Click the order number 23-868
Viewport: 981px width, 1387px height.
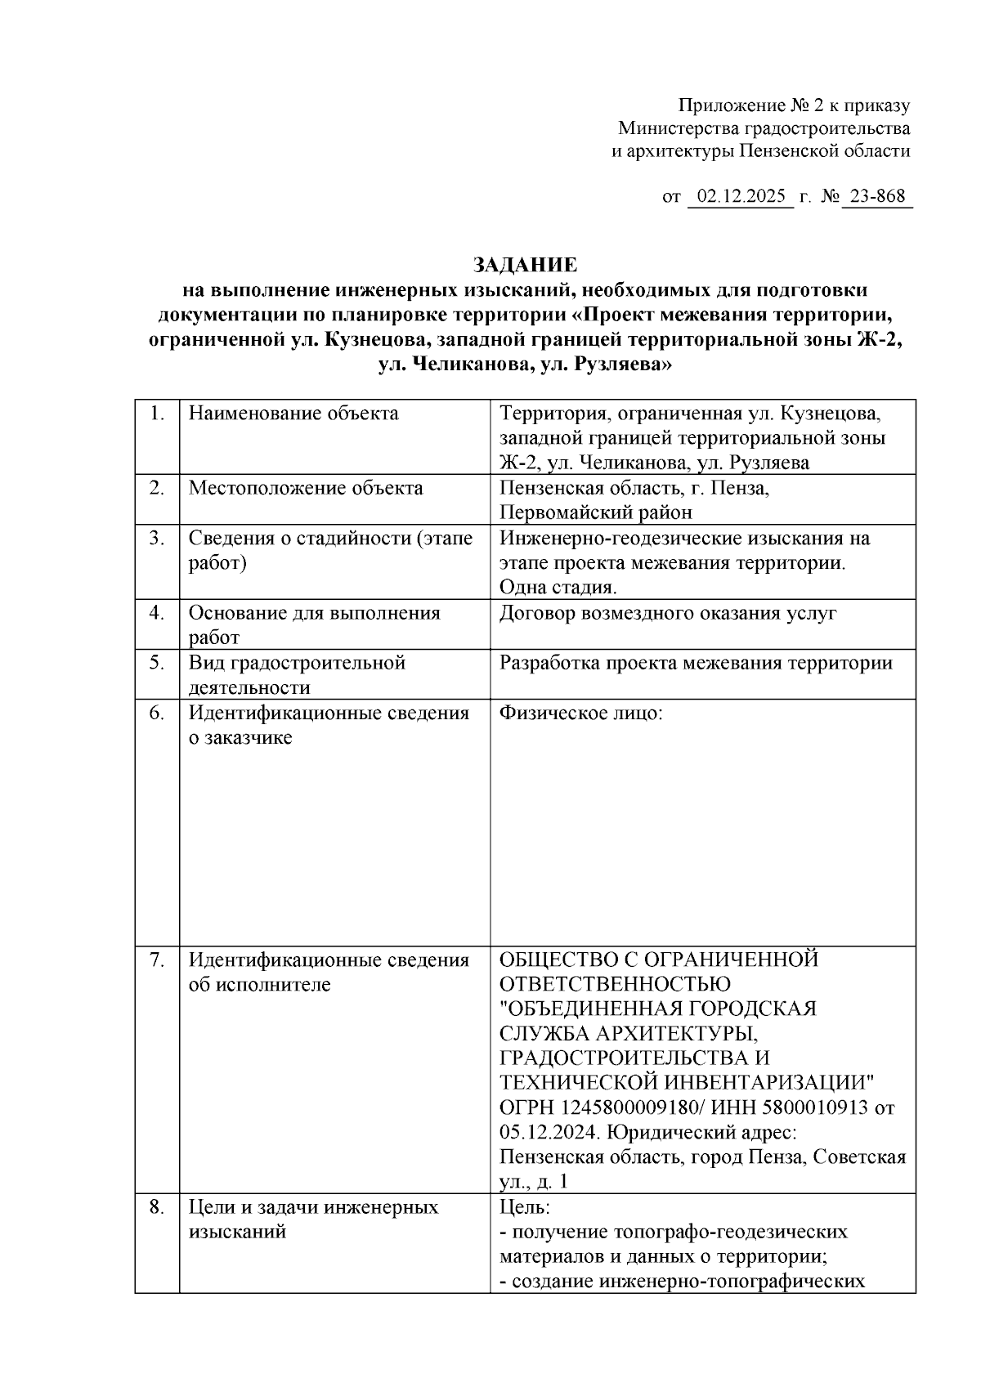click(x=877, y=197)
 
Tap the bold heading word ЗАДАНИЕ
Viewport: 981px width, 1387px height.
click(x=525, y=265)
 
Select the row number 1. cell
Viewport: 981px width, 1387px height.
click(x=157, y=414)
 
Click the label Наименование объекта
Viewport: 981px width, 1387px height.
click(x=293, y=414)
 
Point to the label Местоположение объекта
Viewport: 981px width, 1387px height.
click(x=306, y=489)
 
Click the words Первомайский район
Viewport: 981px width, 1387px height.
click(x=596, y=513)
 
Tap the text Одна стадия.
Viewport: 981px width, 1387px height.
click(x=558, y=588)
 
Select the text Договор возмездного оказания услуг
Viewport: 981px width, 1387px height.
click(x=668, y=613)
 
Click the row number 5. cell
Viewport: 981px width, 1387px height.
click(x=157, y=663)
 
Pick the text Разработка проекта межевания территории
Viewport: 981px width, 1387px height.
click(x=696, y=663)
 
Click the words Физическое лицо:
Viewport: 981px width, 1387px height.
click(x=580, y=713)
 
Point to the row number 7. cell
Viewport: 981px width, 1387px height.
click(x=157, y=960)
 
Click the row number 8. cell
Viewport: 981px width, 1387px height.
click(x=157, y=1207)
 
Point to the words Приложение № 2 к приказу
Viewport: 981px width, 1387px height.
click(x=794, y=105)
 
